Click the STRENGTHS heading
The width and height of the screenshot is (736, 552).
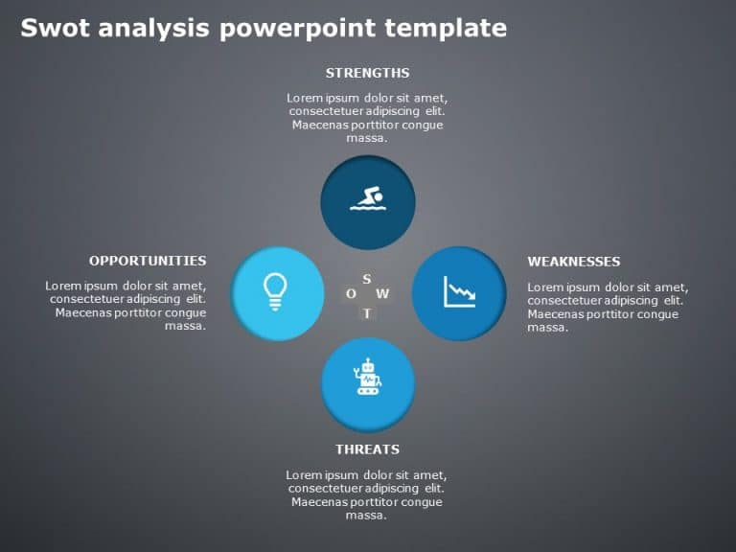pyautogui.click(x=367, y=73)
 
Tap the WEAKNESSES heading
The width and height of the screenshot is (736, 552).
pyautogui.click(x=573, y=262)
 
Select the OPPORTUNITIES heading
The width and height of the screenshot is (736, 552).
pyautogui.click(x=148, y=261)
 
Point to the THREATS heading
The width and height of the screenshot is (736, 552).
pyautogui.click(x=367, y=449)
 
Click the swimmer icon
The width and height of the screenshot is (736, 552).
pyautogui.click(x=367, y=200)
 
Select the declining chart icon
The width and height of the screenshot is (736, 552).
pyautogui.click(x=459, y=291)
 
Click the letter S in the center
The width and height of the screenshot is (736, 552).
pyautogui.click(x=367, y=279)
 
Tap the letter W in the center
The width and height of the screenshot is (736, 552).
pyautogui.click(x=382, y=294)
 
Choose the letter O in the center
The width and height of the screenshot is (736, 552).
pyautogui.click(x=352, y=294)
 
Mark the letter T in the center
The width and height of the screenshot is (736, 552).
pyautogui.click(x=367, y=313)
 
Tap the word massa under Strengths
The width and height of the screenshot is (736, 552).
pyautogui.click(x=367, y=138)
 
